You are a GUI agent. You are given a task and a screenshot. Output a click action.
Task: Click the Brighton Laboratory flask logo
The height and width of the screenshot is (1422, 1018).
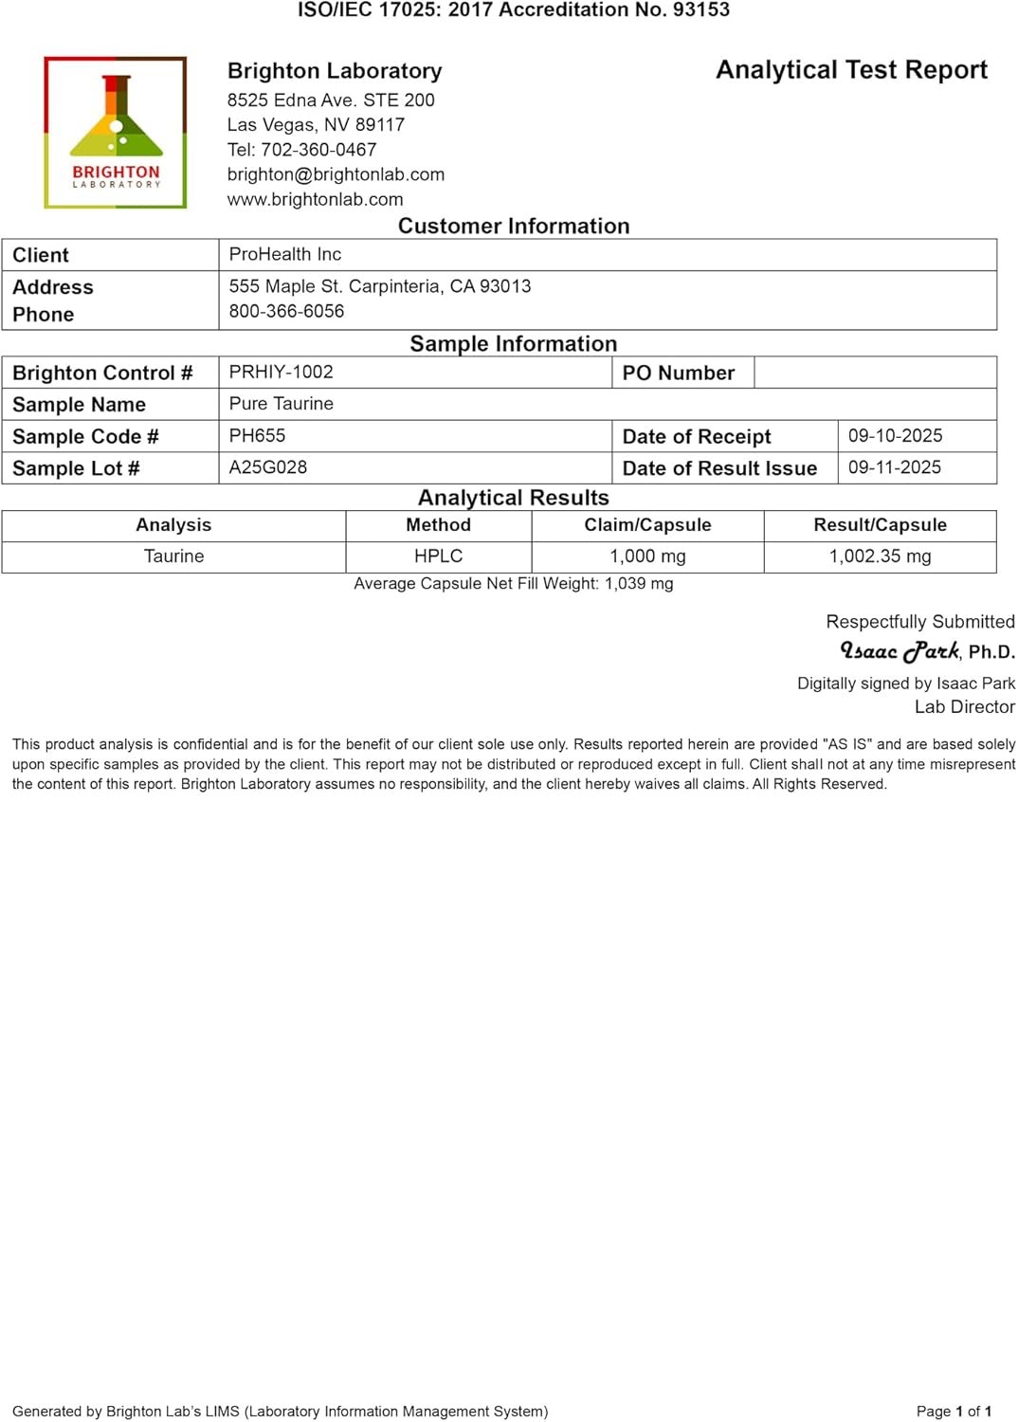pyautogui.click(x=116, y=132)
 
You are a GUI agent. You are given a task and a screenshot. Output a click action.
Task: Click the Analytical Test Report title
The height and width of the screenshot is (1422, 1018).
pyautogui.click(x=851, y=70)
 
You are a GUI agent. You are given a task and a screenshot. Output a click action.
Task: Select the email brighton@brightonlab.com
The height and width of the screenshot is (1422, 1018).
pyautogui.click(x=336, y=174)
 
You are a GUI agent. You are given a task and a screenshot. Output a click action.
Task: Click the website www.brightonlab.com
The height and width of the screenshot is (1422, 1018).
pyautogui.click(x=315, y=199)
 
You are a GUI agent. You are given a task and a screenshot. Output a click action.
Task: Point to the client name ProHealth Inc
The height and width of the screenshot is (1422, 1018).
pyautogui.click(x=284, y=254)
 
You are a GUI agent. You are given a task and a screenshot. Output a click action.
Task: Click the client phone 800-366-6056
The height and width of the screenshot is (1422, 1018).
pyautogui.click(x=286, y=311)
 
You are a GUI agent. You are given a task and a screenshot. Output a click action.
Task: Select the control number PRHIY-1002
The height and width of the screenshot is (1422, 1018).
pyautogui.click(x=281, y=372)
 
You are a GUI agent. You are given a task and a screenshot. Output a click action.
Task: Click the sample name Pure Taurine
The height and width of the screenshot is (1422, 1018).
pyautogui.click(x=281, y=404)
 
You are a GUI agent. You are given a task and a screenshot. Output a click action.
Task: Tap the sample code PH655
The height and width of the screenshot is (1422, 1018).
pyautogui.click(x=257, y=435)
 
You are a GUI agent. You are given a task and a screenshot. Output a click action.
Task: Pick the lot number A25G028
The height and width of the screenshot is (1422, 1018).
pyautogui.click(x=267, y=467)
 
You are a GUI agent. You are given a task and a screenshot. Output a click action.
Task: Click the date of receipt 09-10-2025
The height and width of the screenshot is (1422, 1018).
pyautogui.click(x=895, y=435)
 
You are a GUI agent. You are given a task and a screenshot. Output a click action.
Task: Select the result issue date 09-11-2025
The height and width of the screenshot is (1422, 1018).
pyautogui.click(x=894, y=467)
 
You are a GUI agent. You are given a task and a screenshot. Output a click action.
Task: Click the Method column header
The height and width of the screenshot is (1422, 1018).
pyautogui.click(x=438, y=525)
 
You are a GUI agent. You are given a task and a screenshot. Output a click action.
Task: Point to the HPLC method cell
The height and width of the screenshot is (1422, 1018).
pyautogui.click(x=438, y=556)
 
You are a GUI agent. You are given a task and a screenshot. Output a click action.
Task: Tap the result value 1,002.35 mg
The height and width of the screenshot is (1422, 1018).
pyautogui.click(x=880, y=556)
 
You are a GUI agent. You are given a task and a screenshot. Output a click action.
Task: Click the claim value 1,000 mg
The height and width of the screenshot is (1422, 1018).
pyautogui.click(x=647, y=556)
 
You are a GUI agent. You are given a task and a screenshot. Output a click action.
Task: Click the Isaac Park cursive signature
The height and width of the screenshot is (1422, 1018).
pyautogui.click(x=900, y=651)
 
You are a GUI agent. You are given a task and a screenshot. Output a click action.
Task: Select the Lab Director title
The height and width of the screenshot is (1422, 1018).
pyautogui.click(x=964, y=706)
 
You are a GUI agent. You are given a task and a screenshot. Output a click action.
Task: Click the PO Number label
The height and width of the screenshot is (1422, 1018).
pyautogui.click(x=678, y=373)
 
